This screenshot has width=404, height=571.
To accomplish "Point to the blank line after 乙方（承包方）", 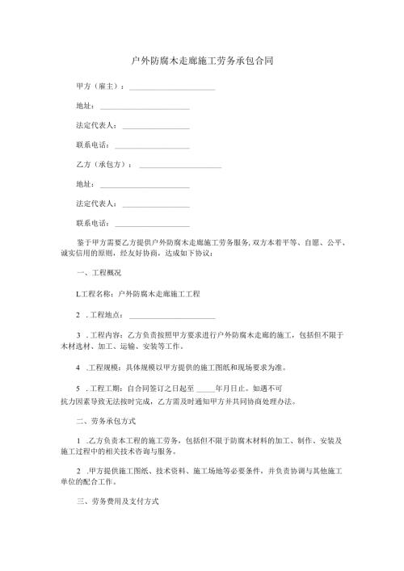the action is tap(180, 166).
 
